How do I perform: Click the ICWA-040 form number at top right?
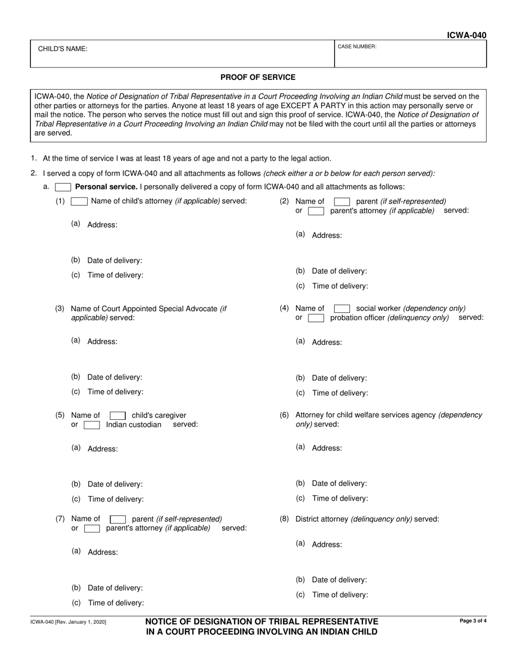click(x=466, y=35)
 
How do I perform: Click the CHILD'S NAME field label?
click(x=63, y=49)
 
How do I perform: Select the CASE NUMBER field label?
click(x=357, y=47)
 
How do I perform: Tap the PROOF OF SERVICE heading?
click(x=258, y=77)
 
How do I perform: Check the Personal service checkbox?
click(x=63, y=187)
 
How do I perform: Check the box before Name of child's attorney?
click(x=79, y=201)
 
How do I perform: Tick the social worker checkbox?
click(x=342, y=308)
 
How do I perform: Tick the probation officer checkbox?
click(x=316, y=318)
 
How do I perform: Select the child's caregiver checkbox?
click(x=118, y=416)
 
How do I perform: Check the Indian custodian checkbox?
click(x=92, y=425)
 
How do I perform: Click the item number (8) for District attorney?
click(x=284, y=519)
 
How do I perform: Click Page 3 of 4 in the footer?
click(x=473, y=621)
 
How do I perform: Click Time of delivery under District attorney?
click(x=340, y=595)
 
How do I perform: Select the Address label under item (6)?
click(x=327, y=448)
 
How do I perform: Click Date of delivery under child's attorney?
click(x=115, y=261)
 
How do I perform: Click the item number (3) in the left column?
click(x=60, y=308)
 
